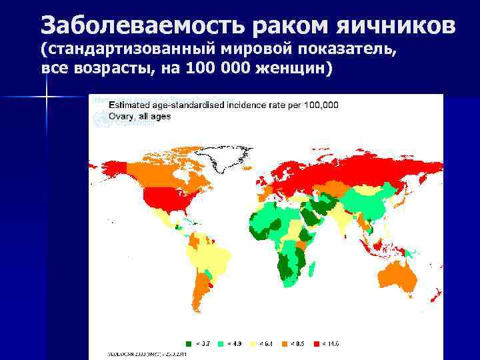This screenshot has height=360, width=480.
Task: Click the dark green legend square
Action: [188, 344]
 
